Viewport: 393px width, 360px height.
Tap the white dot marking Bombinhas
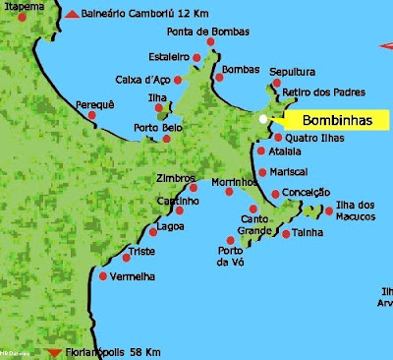262,119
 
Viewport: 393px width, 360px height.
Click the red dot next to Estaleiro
196,58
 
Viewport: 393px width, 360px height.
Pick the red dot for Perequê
92,116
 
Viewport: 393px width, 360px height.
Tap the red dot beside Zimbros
193,188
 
